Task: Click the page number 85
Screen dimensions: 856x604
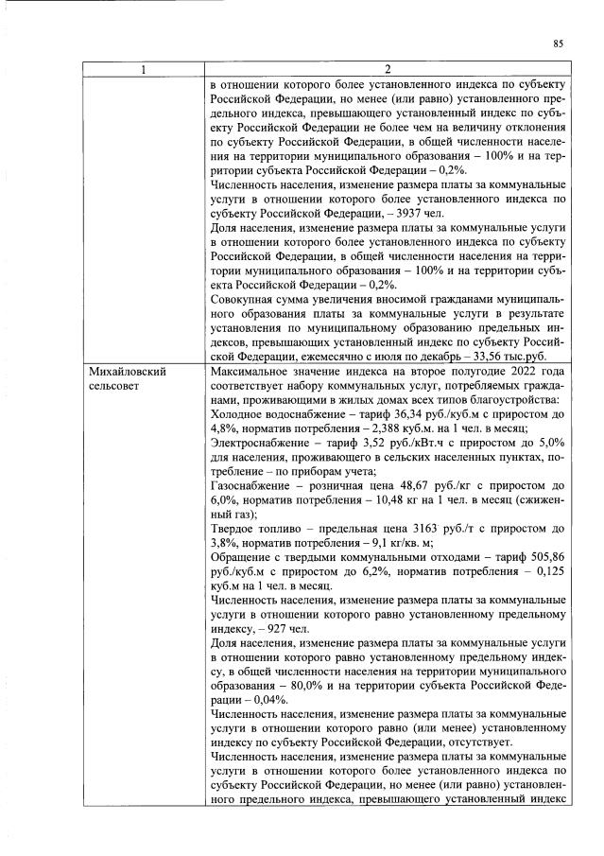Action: [x=558, y=43]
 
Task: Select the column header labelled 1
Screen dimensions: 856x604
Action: [x=144, y=69]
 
